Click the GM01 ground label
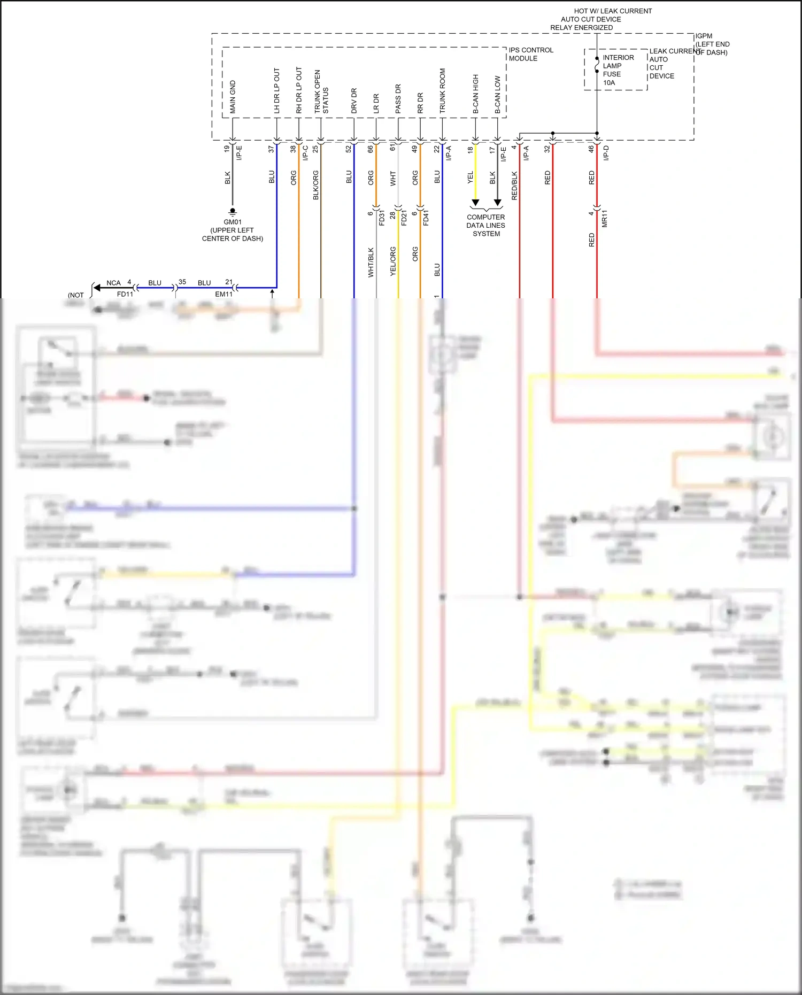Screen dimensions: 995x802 click(233, 222)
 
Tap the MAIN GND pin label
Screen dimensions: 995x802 click(233, 97)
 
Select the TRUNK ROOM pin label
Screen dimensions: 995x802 click(443, 90)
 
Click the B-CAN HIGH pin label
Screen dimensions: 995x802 click(476, 94)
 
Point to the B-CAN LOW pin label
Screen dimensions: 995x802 click(498, 94)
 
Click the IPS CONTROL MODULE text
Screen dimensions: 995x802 click(530, 54)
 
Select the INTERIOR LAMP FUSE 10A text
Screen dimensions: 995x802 click(618, 70)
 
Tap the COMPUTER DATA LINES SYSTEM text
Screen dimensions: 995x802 click(485, 225)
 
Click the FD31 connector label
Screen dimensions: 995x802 click(382, 218)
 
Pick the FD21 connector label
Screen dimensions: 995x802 click(404, 218)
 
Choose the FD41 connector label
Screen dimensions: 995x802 click(426, 218)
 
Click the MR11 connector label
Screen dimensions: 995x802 click(605, 219)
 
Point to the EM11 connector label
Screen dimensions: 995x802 click(223, 294)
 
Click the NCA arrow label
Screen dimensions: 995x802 click(113, 283)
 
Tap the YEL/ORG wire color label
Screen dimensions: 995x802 click(393, 261)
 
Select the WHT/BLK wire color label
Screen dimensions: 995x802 click(371, 262)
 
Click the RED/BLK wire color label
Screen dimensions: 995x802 click(514, 186)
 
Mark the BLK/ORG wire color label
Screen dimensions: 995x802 click(316, 186)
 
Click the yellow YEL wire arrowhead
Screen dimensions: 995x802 click(475, 203)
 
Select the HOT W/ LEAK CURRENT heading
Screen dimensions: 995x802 click(613, 11)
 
